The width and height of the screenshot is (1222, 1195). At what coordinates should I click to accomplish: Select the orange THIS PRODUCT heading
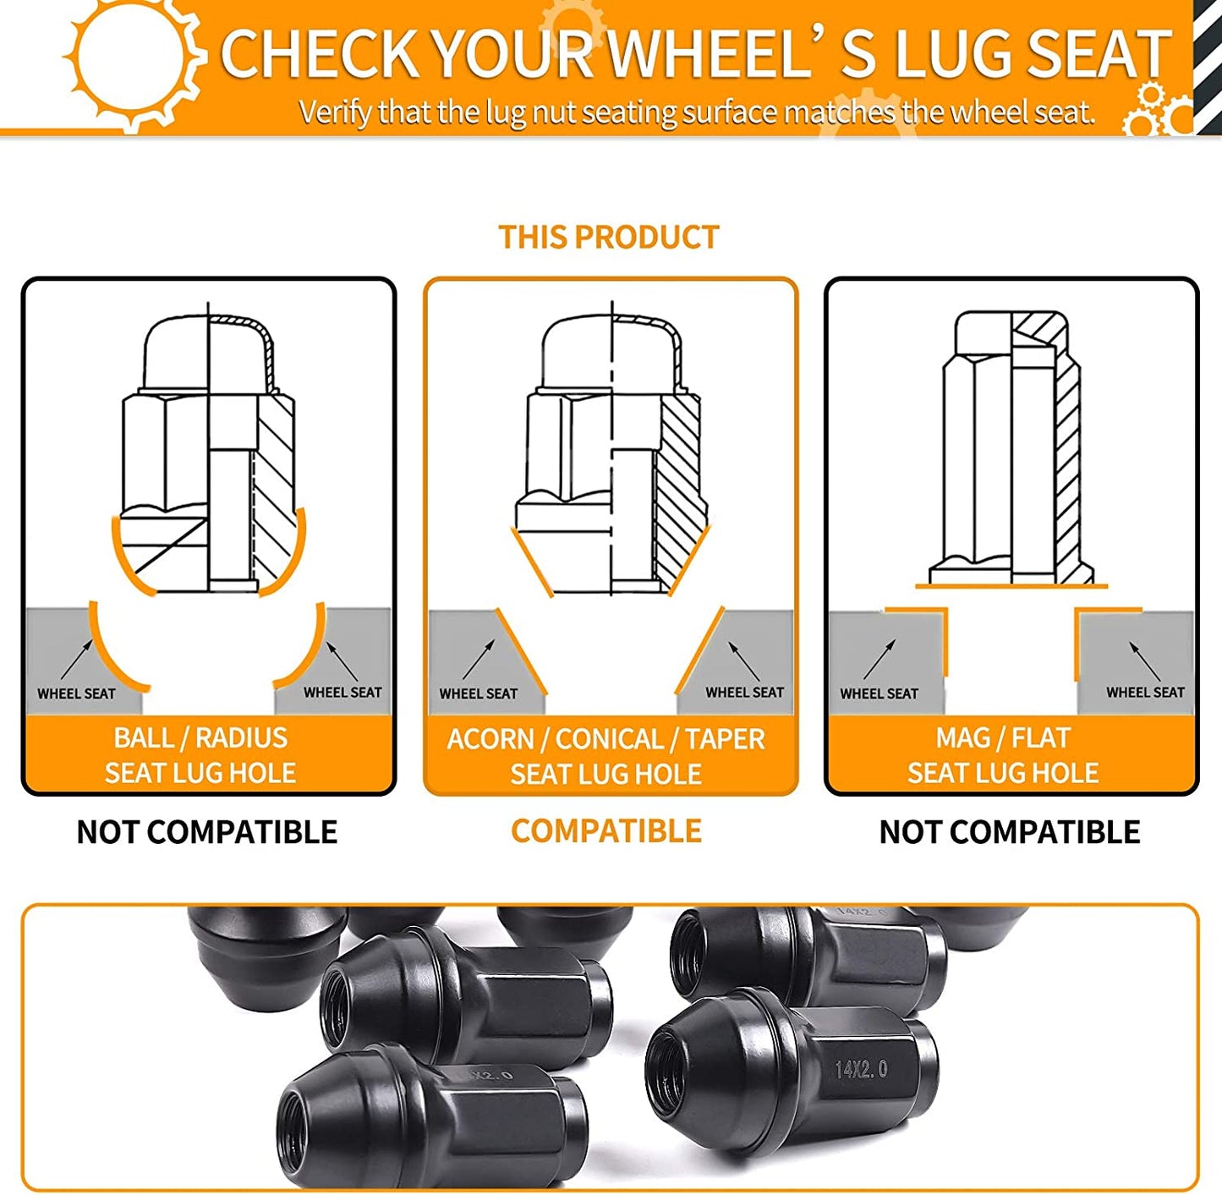[609, 238]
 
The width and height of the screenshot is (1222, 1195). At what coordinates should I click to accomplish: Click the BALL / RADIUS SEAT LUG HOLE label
[200, 754]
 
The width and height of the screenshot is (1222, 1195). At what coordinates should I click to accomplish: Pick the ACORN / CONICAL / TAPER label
[606, 739]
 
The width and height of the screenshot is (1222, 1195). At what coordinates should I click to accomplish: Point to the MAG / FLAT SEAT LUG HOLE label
[1003, 754]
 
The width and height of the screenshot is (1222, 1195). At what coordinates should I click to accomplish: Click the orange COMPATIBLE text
[606, 830]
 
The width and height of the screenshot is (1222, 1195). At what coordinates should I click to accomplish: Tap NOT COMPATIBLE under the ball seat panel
[206, 832]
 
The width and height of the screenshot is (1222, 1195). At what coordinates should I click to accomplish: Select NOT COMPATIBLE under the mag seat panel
[1009, 832]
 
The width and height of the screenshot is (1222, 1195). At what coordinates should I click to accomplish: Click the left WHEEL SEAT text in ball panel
[77, 693]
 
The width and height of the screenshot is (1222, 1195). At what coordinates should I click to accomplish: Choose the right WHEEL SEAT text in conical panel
[745, 693]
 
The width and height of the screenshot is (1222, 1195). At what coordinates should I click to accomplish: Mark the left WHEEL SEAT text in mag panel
[880, 693]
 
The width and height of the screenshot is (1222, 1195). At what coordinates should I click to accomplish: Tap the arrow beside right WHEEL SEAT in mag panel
[1145, 661]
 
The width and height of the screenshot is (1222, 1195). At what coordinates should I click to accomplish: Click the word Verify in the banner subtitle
[334, 113]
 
